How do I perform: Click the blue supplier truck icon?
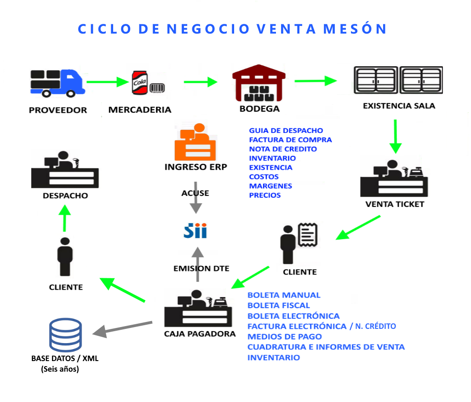point(57,83)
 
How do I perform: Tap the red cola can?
point(140,83)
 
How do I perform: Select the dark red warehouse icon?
point(258,83)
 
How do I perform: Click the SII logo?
point(195,231)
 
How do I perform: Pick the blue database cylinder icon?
point(65,335)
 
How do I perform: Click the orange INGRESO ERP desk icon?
point(195,142)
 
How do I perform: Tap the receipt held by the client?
point(308,235)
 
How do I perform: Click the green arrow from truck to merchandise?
point(108,82)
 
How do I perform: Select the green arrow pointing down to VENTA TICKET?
point(395,137)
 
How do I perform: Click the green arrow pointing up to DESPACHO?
point(64,218)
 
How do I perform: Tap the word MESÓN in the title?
point(355,29)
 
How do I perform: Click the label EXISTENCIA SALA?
point(399,106)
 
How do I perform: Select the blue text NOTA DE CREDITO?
point(283,149)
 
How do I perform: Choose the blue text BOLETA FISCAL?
point(279,305)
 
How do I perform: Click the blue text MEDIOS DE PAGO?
point(284,337)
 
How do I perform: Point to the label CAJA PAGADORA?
point(200,334)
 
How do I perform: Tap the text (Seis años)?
point(60,369)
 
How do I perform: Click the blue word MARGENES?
point(270,186)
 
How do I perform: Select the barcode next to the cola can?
point(157,88)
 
